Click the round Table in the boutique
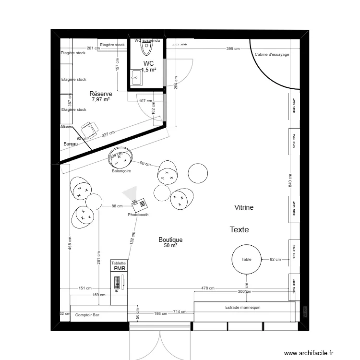[246, 260]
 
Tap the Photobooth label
[138, 215]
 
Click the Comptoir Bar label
[87, 315]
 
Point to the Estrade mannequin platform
[244, 308]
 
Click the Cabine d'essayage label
[272, 55]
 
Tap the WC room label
[148, 63]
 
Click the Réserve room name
[101, 94]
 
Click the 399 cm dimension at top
[233, 48]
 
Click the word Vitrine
[244, 207]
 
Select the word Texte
[239, 230]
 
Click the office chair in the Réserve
[88, 128]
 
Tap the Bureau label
[71, 144]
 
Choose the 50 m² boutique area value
[170, 245]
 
